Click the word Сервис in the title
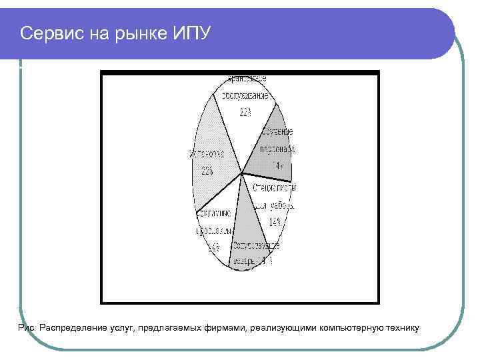coord(49,33)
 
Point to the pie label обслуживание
coord(245,96)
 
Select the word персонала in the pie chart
coord(277,149)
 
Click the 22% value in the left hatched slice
coord(205,171)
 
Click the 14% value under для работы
coord(274,221)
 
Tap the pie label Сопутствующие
coord(256,245)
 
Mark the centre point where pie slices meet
coord(241,175)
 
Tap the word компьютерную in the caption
coord(349,327)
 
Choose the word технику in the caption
coord(400,327)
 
